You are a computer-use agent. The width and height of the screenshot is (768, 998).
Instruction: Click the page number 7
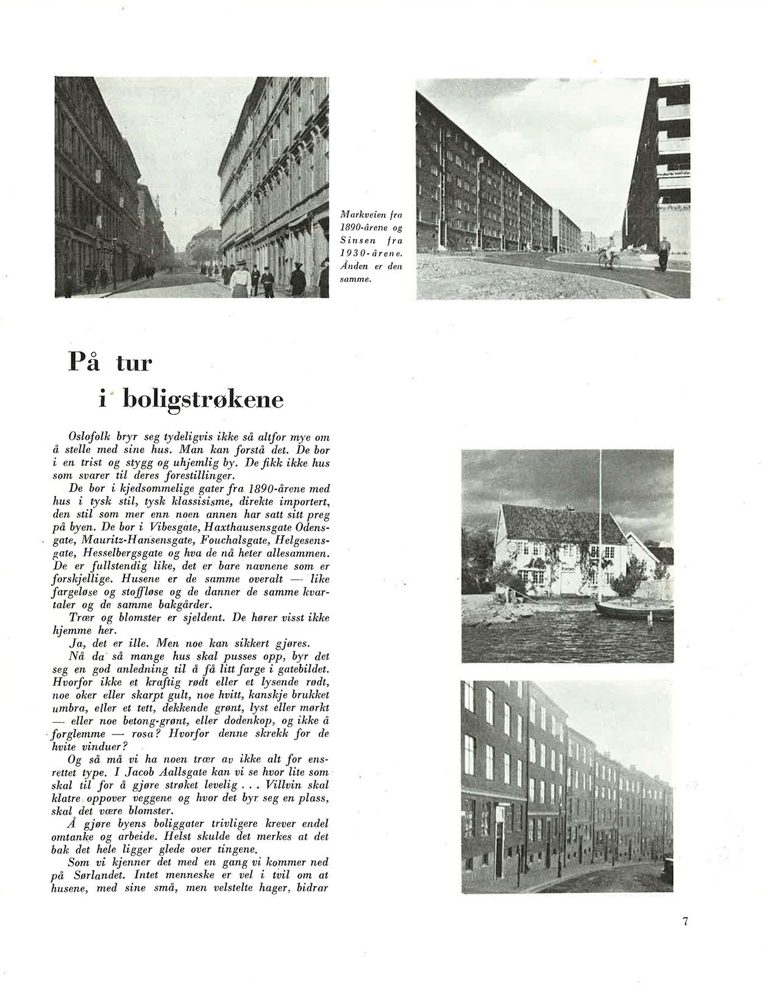[x=685, y=921]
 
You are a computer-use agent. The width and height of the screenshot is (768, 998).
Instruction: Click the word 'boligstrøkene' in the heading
[x=203, y=400]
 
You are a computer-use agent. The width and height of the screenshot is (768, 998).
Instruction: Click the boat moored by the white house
[x=634, y=609]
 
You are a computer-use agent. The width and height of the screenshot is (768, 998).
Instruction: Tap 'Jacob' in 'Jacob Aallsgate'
[x=155, y=773]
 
